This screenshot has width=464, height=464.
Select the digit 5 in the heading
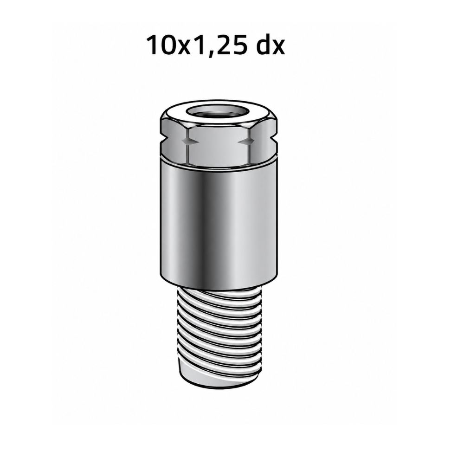click(237, 45)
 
